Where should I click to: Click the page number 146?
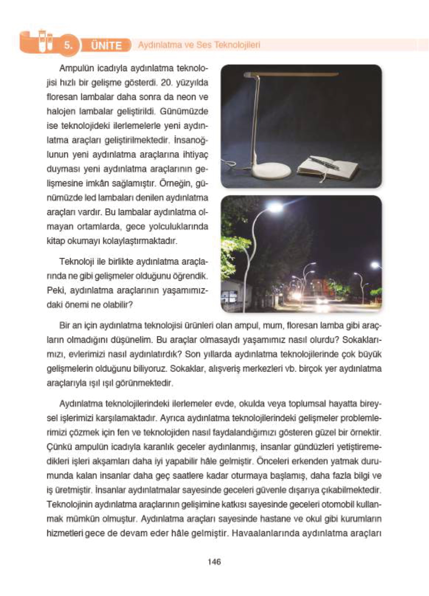tap(214, 562)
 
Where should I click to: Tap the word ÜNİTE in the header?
tap(106, 45)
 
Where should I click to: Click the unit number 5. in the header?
tap(69, 45)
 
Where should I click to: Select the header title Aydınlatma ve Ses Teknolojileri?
tap(199, 45)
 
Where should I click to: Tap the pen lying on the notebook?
tap(324, 162)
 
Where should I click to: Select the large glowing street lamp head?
tap(275, 207)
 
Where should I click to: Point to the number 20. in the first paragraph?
tap(166, 83)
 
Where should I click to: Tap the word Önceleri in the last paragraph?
tap(271, 461)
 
